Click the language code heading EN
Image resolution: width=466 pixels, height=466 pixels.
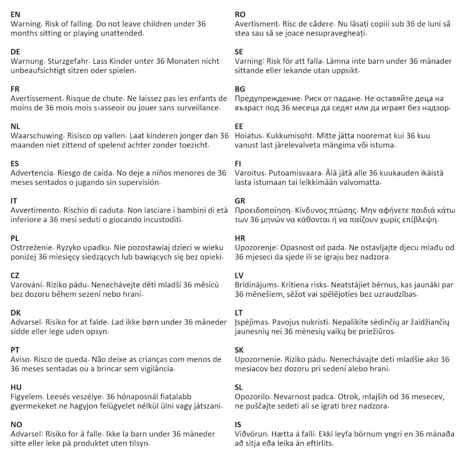coord(15,15)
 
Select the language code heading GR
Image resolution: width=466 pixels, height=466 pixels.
coord(240,201)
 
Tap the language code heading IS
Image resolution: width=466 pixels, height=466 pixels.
coord(238,425)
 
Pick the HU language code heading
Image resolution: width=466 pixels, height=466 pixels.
coord(16,387)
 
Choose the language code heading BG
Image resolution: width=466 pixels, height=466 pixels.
coord(240,89)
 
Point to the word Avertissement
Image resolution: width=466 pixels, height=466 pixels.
coord(36,98)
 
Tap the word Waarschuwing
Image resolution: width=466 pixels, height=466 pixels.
coord(36,136)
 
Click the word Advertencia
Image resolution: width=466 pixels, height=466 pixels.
coord(31,173)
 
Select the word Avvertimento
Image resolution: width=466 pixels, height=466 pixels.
coord(35,210)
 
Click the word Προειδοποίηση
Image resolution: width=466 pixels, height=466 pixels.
coord(263,210)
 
